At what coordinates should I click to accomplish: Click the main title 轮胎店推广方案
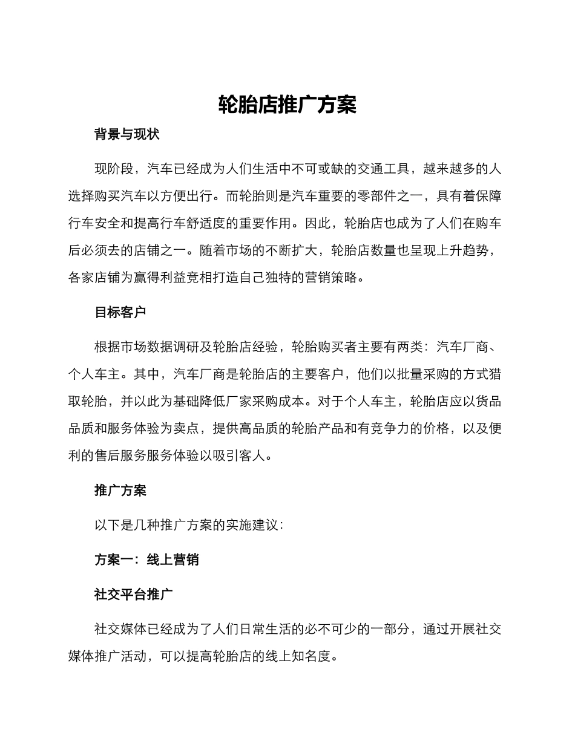coord(287,105)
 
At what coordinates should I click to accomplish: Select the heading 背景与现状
coord(126,134)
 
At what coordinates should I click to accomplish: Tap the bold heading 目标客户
coord(120,312)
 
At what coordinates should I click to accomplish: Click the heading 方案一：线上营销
coord(146,560)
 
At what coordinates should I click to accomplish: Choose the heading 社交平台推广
coord(133,594)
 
